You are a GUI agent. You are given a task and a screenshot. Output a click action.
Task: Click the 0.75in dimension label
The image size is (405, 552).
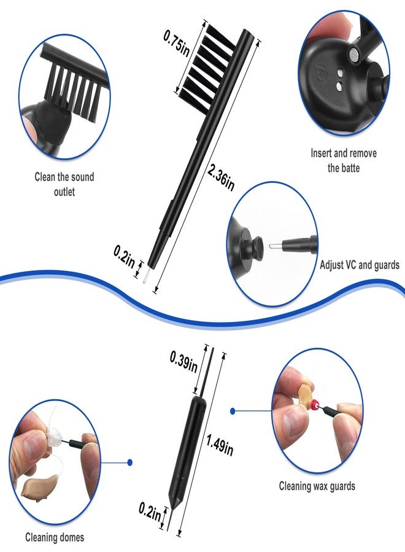click(177, 43)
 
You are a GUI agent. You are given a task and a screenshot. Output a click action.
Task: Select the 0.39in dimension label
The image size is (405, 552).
click(183, 362)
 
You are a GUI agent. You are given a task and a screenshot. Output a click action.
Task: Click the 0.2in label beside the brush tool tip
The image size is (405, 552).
click(125, 256)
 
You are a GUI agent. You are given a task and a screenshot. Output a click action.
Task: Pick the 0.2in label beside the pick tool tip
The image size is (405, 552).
click(150, 513)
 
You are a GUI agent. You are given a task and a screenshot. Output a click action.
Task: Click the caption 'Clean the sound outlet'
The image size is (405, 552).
click(64, 184)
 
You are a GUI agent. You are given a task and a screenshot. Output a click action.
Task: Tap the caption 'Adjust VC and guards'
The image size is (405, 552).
click(360, 265)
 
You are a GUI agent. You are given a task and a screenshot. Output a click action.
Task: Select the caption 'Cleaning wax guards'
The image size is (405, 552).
click(317, 486)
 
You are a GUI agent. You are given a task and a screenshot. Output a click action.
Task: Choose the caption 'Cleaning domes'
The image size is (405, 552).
click(55, 537)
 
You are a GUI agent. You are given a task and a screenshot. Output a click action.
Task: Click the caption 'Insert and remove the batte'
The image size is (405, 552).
click(344, 160)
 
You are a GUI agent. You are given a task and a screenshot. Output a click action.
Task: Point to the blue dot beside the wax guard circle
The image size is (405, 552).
click(233, 411)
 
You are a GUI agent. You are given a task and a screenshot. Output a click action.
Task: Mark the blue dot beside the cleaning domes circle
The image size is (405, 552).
click(130, 462)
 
